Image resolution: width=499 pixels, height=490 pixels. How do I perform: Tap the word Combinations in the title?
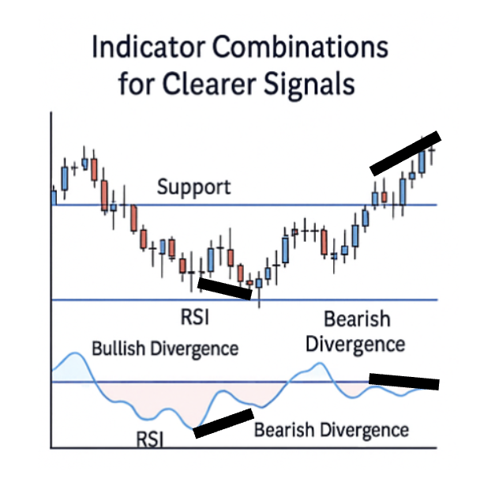point(300,47)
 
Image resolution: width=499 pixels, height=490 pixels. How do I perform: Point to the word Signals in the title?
point(309,84)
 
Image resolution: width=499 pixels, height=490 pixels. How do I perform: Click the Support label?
point(193,187)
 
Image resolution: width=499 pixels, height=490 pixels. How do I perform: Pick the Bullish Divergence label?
point(165,349)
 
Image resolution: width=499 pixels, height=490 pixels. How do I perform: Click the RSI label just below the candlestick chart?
point(195,318)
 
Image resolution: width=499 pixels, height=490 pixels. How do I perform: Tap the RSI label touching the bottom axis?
point(149,439)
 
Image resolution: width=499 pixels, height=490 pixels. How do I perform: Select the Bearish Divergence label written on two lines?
point(356,332)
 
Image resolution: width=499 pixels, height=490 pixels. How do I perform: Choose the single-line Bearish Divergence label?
point(332,430)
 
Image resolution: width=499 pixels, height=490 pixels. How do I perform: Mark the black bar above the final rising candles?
point(406,153)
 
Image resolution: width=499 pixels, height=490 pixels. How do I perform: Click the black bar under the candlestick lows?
point(225,288)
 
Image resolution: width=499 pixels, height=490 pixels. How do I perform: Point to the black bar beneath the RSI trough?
point(223,424)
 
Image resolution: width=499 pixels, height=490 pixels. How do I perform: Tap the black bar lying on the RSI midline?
point(404,382)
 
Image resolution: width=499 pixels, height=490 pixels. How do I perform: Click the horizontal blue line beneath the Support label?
point(245,205)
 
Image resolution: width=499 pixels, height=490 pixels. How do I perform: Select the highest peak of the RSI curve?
point(75,353)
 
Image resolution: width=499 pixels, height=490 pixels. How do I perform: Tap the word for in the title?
point(137,83)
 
